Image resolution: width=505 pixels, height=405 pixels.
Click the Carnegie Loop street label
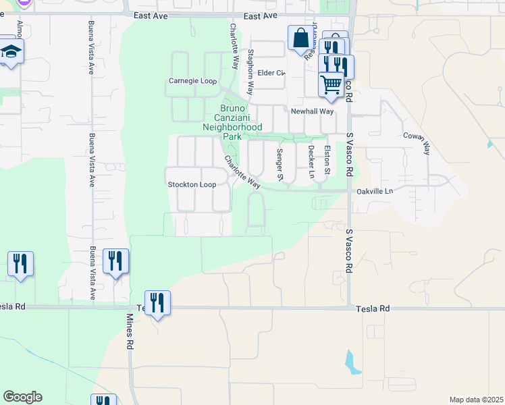[x=192, y=81]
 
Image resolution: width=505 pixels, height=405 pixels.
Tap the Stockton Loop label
[x=192, y=184]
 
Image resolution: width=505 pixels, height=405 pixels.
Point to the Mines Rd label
[x=129, y=331]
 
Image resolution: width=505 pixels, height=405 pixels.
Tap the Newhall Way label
[x=312, y=111]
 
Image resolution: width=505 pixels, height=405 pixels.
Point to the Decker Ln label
[x=311, y=161]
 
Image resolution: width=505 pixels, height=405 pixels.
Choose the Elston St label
[x=327, y=161]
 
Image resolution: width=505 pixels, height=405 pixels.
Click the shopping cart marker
[x=331, y=84]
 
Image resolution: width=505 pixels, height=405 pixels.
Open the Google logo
[x=22, y=397]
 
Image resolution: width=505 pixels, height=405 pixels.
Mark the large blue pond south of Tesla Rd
[x=353, y=363]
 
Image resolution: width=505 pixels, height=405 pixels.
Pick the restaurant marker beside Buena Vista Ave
[x=115, y=261]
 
